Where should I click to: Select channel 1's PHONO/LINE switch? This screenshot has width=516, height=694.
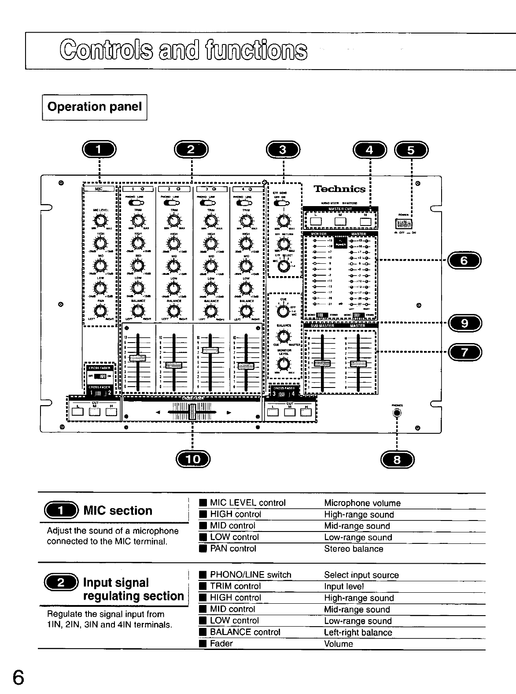137,203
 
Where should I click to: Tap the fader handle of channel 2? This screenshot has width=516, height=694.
174,365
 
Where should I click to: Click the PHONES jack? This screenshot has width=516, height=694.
398,413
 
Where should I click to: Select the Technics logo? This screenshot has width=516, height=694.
339,189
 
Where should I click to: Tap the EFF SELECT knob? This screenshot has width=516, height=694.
284,266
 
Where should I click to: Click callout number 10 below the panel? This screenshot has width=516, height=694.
193,460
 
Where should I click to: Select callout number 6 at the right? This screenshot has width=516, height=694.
464,261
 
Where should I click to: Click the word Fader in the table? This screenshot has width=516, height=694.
221,643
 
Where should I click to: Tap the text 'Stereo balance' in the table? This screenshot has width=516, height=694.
354,549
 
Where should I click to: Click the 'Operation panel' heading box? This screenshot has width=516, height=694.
95,107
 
